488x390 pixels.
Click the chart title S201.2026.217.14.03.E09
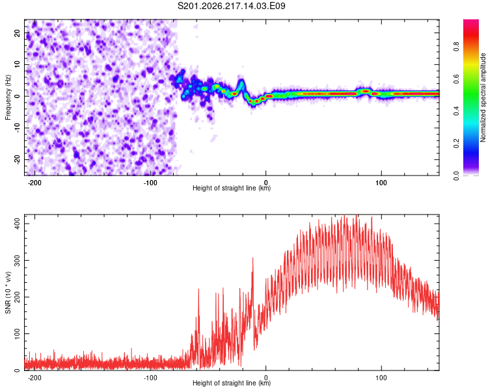click(231, 6)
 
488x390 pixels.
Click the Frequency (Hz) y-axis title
click(8, 97)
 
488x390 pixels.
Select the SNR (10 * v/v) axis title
click(8, 292)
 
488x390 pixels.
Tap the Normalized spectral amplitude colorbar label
click(483, 97)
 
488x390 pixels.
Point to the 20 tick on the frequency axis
click(18, 32)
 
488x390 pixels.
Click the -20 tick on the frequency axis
click(18, 159)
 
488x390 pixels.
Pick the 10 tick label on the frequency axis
click(18, 64)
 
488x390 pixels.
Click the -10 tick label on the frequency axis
click(18, 128)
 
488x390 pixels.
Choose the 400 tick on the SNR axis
click(18, 224)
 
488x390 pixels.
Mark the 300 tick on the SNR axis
click(18, 260)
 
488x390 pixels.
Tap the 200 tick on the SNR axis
click(18, 297)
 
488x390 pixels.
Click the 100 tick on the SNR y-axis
click(18, 333)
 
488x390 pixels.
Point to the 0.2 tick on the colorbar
click(457, 144)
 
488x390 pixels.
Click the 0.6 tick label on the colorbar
click(457, 79)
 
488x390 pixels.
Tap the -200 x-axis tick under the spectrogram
click(34, 183)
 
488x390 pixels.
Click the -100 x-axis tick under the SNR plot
click(150, 378)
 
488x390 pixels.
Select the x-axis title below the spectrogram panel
click(232, 188)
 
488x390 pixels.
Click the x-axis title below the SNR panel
click(232, 383)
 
